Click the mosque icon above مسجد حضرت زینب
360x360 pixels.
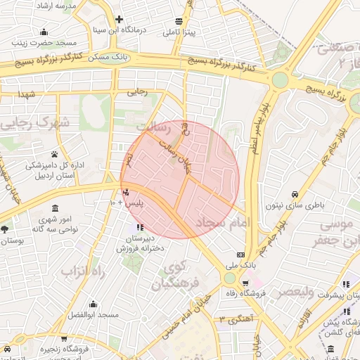(x=44, y=32)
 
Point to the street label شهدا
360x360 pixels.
(x=27, y=94)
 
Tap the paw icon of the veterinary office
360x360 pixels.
(x=54, y=154)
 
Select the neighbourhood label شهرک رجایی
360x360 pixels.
(x=35, y=124)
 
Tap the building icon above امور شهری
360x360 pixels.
(x=54, y=209)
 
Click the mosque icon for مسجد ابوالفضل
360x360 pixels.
(x=94, y=304)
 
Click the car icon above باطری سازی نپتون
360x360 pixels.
(x=295, y=194)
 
